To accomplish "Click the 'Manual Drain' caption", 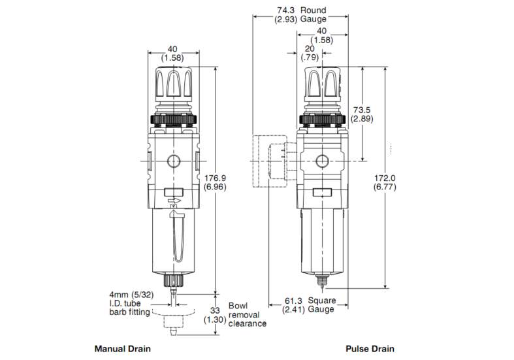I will point(123,349).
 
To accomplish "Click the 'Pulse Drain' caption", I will point(370,349).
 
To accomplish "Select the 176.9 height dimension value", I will point(215,182).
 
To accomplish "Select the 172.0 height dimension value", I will point(385,182).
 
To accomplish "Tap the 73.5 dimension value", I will point(362,114).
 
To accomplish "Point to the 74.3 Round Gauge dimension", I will point(300,14).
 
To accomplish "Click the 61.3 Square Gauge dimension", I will point(309,305).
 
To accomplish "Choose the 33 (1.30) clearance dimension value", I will point(215,315).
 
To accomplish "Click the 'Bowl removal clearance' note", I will point(247,314).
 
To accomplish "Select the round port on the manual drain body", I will point(173,161).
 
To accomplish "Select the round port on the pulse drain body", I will point(322,161).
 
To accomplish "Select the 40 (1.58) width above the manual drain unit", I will point(172,54).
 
